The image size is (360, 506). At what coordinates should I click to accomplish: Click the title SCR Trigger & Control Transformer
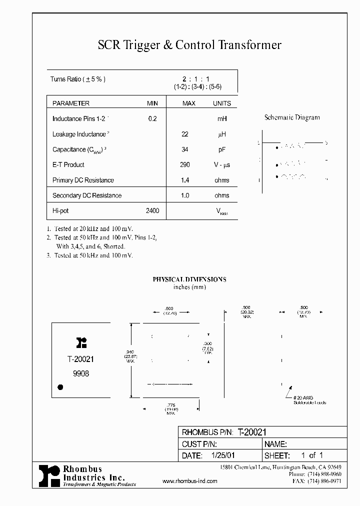click(189, 45)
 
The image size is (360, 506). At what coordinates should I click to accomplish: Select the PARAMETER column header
click(71, 103)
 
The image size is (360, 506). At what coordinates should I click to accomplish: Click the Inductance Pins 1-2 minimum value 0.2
click(152, 119)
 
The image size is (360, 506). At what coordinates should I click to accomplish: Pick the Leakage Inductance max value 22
click(184, 134)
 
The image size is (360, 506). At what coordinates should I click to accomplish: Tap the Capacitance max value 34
click(184, 149)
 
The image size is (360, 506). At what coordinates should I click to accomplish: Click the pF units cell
click(222, 149)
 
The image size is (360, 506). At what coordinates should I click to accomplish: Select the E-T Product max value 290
click(184, 164)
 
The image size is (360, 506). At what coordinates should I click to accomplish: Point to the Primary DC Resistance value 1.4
click(184, 180)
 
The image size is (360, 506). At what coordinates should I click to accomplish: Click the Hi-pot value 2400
click(152, 211)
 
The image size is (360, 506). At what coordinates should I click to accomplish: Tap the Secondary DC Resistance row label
click(87, 195)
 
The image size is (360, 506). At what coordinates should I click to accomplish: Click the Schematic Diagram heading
click(292, 118)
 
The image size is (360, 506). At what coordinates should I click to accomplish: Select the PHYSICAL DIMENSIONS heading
click(189, 279)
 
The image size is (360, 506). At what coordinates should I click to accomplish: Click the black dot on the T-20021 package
click(60, 386)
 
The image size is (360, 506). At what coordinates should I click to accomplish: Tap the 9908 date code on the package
click(80, 373)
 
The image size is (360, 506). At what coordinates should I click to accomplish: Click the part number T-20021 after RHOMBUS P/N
click(253, 432)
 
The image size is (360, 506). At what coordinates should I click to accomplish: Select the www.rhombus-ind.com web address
click(190, 481)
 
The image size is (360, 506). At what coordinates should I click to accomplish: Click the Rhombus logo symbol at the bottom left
click(49, 475)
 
